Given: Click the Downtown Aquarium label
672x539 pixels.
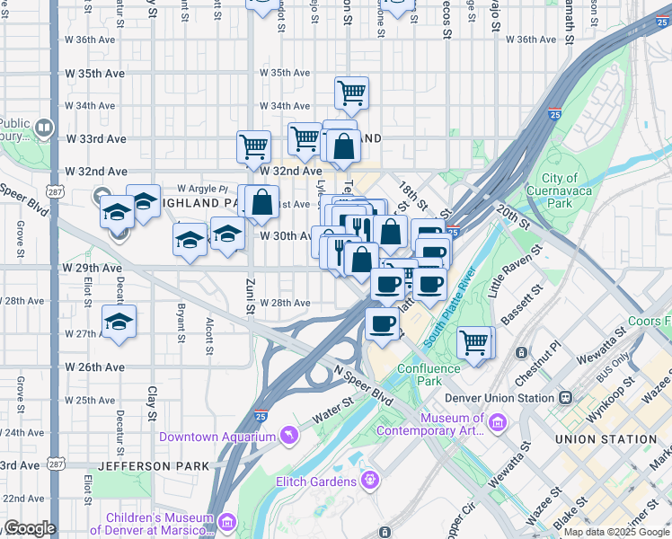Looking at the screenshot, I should [x=217, y=437].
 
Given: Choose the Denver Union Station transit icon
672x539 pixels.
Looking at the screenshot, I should [x=566, y=397].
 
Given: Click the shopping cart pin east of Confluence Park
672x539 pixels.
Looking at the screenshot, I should [x=473, y=342].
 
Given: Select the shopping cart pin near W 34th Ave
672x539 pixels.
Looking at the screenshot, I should [x=351, y=92].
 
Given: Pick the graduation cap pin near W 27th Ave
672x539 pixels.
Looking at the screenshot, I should [x=119, y=323].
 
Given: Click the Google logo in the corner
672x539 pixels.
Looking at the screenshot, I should [x=30, y=527].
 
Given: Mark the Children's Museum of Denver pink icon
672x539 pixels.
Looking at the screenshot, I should [x=225, y=521].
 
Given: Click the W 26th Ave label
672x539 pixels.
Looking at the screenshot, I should [x=93, y=367].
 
